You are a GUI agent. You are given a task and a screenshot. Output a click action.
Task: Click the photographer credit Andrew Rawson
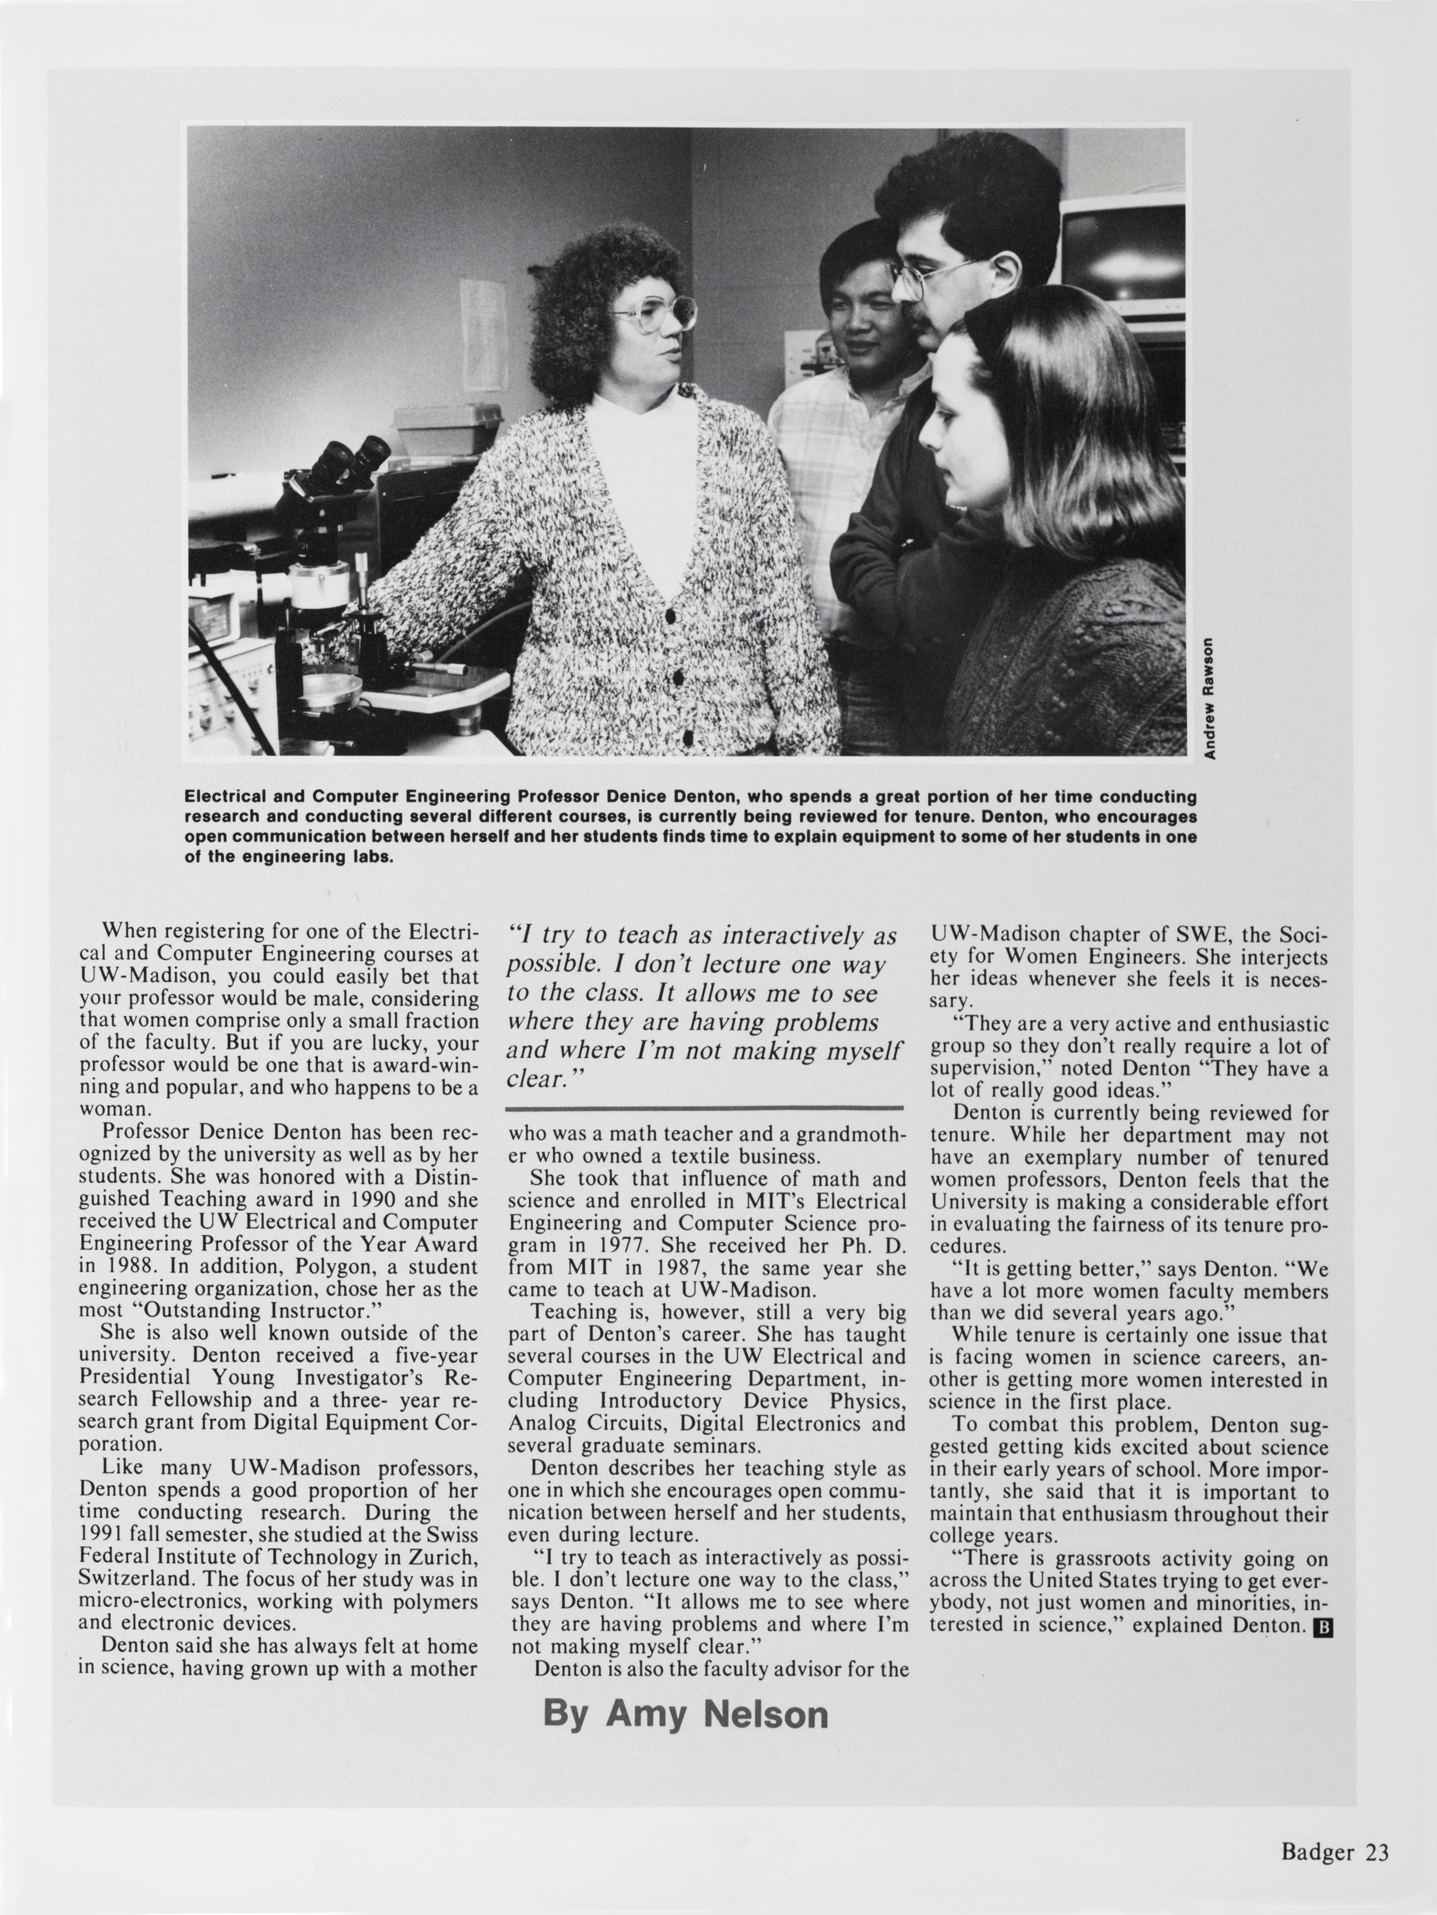1210,698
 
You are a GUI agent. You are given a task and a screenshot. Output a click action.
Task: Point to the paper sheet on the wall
483,333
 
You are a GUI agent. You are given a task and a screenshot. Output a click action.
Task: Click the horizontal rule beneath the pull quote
704,1107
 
